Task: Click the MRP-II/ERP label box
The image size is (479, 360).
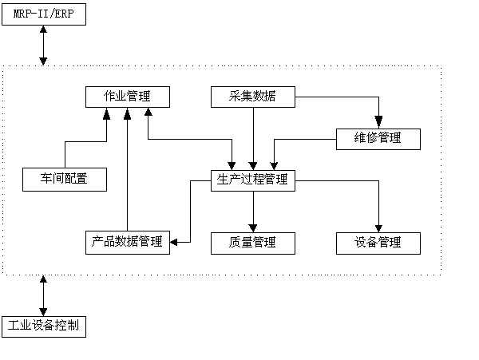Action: (43, 14)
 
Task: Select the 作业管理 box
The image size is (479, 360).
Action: (128, 97)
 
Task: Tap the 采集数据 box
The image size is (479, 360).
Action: (253, 97)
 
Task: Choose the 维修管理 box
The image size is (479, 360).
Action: (378, 138)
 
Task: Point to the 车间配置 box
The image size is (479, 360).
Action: (65, 180)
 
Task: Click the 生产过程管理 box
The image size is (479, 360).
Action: (253, 180)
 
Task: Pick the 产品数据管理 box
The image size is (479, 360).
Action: (128, 242)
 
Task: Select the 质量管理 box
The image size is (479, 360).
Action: (253, 242)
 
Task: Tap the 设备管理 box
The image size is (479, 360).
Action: (378, 242)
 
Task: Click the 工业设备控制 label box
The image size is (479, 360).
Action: (43, 326)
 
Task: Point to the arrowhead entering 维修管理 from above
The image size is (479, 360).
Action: (378, 123)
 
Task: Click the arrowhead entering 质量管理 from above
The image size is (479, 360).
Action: (253, 227)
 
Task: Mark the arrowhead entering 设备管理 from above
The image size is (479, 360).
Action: (378, 227)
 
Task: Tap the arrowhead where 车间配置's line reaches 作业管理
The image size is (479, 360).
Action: (106, 113)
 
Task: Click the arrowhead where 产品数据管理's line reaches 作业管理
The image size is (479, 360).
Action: (128, 113)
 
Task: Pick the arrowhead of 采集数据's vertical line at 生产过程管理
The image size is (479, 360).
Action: (253, 165)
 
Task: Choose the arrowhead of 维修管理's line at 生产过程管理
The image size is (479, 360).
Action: (274, 165)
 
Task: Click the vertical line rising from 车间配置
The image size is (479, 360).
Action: (65, 156)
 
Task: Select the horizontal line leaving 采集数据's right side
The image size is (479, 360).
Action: (335, 97)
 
